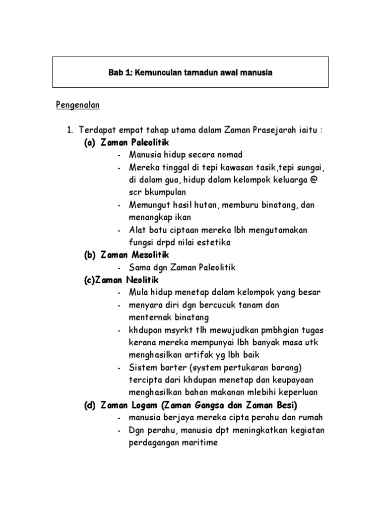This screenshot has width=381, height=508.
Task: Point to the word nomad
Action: pos(229,155)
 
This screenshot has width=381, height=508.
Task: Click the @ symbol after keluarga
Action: pos(312,179)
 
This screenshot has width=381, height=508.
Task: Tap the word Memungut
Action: pos(149,205)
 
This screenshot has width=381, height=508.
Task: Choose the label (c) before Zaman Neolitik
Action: pos(89,280)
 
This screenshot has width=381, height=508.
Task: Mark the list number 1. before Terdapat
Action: pos(70,130)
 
